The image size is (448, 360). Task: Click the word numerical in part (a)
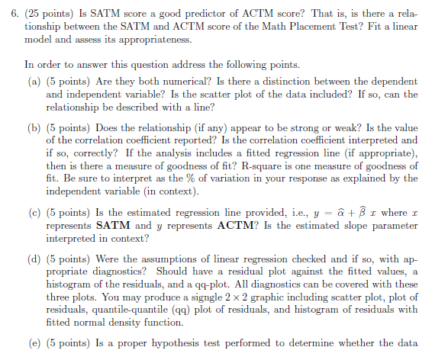(x=212, y=81)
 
